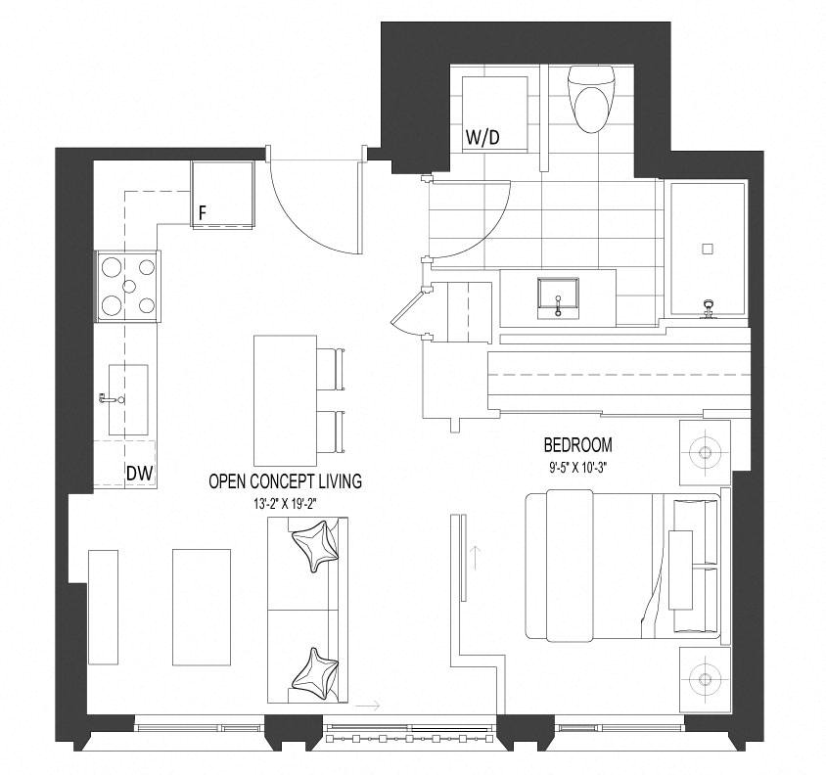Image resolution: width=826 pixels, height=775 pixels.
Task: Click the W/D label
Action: click(x=482, y=138)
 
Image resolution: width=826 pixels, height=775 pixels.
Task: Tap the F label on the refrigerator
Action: click(x=203, y=213)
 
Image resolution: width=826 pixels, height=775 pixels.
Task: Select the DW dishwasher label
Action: click(x=140, y=473)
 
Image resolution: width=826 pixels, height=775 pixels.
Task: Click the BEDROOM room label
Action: click(x=577, y=445)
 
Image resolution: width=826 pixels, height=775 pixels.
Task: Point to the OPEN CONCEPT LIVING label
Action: click(x=286, y=481)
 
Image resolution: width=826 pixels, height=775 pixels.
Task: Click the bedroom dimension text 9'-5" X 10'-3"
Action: click(x=577, y=467)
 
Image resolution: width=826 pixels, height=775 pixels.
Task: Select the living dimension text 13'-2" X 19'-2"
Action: click(x=285, y=504)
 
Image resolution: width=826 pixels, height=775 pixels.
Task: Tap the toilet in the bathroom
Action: click(x=592, y=99)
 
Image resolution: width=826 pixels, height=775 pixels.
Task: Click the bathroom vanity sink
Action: click(x=559, y=298)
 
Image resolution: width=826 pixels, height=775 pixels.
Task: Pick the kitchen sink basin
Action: click(x=128, y=400)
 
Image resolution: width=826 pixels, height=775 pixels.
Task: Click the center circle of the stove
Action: click(x=129, y=286)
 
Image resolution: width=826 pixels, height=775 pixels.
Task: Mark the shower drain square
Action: click(x=708, y=249)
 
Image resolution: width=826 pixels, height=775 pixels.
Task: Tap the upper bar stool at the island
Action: click(x=330, y=369)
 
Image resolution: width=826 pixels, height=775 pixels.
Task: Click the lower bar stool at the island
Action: click(x=330, y=432)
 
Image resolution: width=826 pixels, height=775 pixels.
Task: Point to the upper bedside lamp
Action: click(x=705, y=452)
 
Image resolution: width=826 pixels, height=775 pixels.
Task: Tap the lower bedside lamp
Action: click(x=705, y=678)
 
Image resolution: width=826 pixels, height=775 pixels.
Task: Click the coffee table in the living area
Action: click(x=202, y=608)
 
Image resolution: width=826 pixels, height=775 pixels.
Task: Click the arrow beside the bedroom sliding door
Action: click(x=476, y=559)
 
